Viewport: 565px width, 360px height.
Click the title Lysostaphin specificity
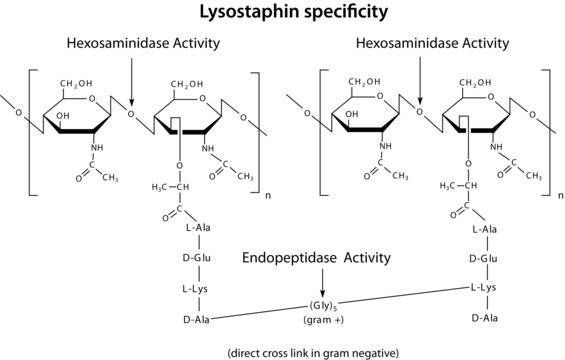[283, 13]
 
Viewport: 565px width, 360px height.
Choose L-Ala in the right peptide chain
[486, 230]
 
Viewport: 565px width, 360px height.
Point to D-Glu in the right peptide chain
[486, 259]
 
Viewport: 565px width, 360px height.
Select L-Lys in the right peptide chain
[486, 288]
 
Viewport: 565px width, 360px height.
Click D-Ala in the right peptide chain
[486, 318]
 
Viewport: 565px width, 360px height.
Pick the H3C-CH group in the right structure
[459, 186]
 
